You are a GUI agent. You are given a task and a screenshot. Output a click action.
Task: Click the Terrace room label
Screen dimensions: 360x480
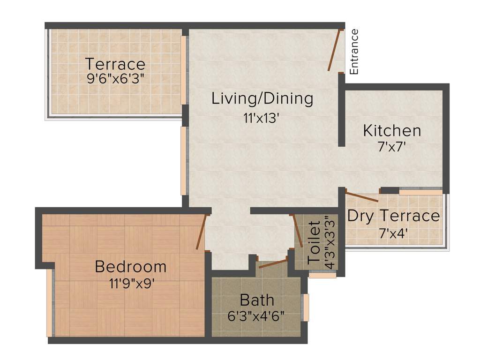pyautogui.click(x=115, y=63)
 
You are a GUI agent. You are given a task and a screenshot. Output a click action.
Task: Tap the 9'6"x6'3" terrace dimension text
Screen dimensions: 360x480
pyautogui.click(x=115, y=78)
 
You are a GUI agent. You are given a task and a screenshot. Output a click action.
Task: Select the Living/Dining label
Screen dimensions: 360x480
pyautogui.click(x=262, y=98)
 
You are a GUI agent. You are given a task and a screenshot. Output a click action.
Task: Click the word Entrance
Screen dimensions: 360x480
pyautogui.click(x=354, y=52)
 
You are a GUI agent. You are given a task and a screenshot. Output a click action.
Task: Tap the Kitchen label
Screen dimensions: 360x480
pyautogui.click(x=392, y=130)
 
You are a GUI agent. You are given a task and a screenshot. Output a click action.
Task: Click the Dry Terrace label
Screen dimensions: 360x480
pyautogui.click(x=393, y=216)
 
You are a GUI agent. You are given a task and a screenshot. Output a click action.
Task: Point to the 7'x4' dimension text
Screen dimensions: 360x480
pyautogui.click(x=393, y=232)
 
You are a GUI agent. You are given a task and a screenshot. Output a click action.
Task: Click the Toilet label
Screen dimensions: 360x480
pyautogui.click(x=314, y=242)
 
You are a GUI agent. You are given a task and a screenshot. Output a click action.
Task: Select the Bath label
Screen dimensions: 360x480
pyautogui.click(x=257, y=300)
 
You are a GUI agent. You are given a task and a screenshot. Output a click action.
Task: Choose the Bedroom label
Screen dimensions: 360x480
pyautogui.click(x=130, y=267)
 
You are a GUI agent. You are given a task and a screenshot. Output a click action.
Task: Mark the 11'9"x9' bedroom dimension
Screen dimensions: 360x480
pyautogui.click(x=131, y=283)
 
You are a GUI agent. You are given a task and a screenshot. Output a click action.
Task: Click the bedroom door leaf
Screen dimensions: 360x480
pyautogui.click(x=202, y=232)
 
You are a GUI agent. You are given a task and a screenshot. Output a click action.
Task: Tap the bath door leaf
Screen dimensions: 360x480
pyautogui.click(x=273, y=263)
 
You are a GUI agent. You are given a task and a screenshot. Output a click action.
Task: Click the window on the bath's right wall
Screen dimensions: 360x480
pyautogui.click(x=306, y=307)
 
